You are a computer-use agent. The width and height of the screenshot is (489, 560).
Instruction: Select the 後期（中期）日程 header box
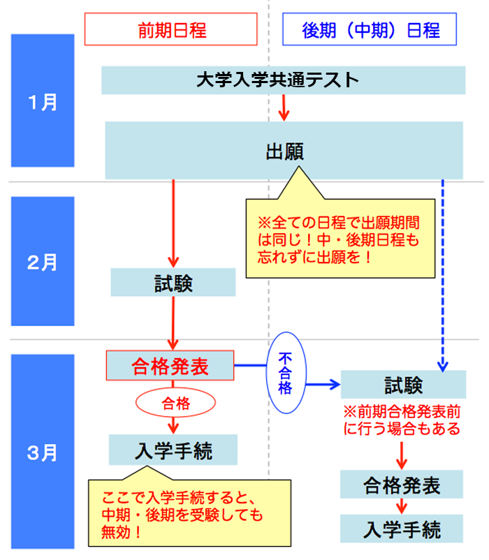[370, 30]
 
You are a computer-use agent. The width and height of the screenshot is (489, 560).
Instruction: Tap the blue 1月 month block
[43, 101]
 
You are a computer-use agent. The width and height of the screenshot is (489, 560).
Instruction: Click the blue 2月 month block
[43, 262]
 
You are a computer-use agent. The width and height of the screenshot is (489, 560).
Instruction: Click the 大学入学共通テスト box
[283, 80]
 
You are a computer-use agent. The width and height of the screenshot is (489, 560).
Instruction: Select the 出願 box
[284, 150]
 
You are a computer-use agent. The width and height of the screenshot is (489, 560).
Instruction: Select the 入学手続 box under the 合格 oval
[173, 450]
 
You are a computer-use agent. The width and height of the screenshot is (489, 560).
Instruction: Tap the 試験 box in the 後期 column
[403, 384]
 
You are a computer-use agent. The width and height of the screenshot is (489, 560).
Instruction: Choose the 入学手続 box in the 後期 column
[402, 529]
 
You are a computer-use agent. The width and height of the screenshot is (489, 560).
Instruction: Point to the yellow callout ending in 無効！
[189, 514]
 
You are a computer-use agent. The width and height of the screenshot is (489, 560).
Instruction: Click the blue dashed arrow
[442, 272]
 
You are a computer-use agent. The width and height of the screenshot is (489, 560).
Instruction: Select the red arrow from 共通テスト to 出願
[284, 107]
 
